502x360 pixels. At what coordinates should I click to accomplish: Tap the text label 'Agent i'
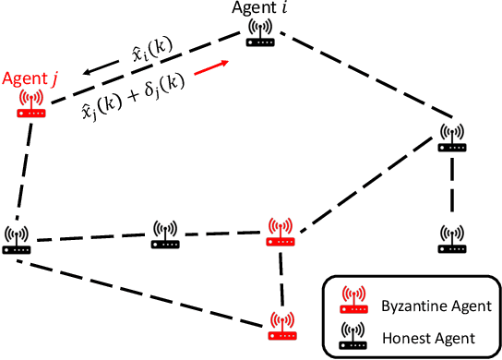coord(257,10)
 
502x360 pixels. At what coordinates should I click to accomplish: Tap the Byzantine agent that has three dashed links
coord(280,231)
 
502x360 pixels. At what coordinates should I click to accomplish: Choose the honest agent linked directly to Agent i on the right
coord(451,138)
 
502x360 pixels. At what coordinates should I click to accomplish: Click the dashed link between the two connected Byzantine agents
coord(281,277)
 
